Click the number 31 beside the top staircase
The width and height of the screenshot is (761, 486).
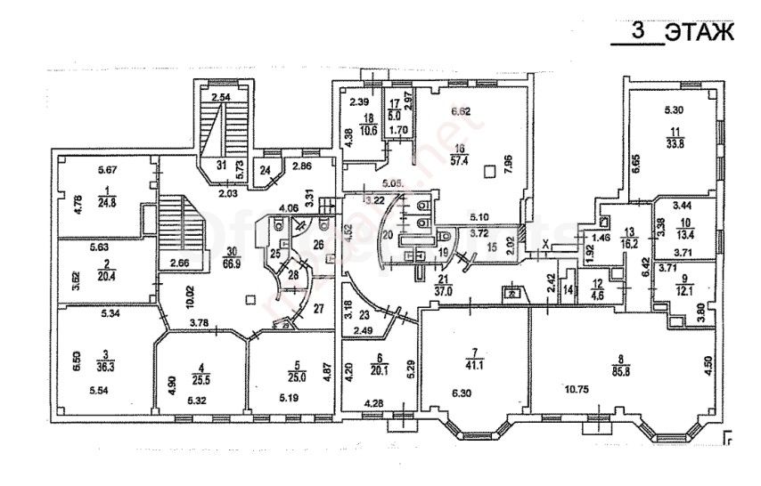pyautogui.click(x=220, y=165)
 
